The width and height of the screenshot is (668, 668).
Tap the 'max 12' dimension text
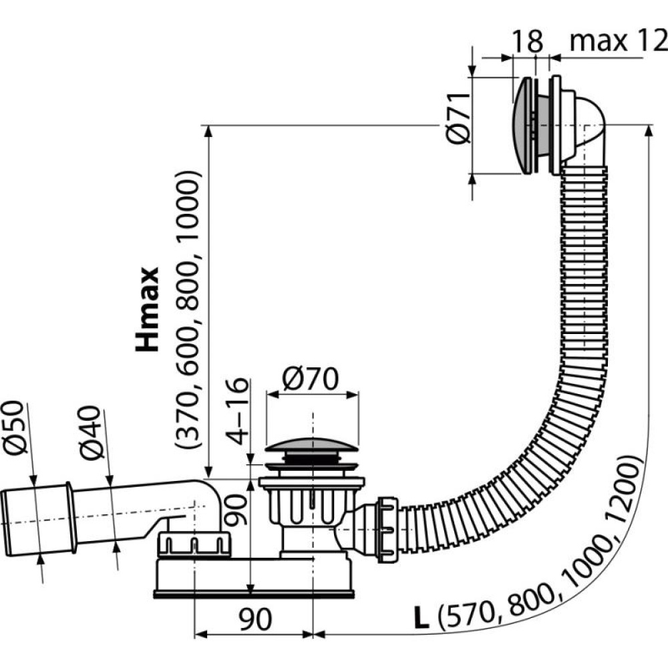coord(618,42)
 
